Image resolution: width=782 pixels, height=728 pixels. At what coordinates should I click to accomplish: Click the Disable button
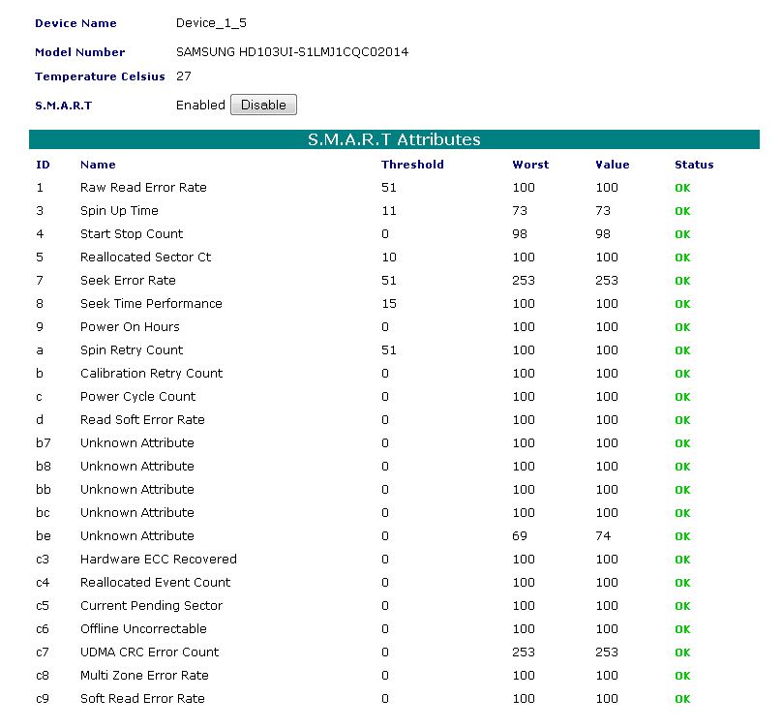(x=263, y=105)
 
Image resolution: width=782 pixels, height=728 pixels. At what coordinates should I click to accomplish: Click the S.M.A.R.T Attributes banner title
(x=394, y=139)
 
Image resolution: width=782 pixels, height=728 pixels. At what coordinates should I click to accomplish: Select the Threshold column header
(x=412, y=165)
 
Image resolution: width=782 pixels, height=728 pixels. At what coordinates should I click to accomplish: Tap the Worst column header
(x=530, y=165)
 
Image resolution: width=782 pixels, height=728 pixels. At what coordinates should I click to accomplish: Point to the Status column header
(x=694, y=165)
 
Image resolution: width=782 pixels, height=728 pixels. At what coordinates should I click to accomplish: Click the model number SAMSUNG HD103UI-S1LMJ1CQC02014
(x=292, y=52)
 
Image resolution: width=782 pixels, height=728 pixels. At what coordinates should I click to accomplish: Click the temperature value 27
(x=183, y=76)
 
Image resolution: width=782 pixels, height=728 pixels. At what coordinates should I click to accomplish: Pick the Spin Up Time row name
(x=119, y=211)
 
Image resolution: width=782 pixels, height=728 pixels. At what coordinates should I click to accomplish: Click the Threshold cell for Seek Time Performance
(x=389, y=304)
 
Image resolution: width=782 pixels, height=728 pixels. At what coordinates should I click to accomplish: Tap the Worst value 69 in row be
(x=520, y=536)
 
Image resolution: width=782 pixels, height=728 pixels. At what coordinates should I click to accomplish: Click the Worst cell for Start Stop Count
(x=520, y=234)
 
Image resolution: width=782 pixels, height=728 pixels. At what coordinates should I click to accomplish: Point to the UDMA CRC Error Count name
(x=150, y=652)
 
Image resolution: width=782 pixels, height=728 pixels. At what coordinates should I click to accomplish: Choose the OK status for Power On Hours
(x=682, y=327)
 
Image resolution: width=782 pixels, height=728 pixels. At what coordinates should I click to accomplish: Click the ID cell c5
(x=43, y=606)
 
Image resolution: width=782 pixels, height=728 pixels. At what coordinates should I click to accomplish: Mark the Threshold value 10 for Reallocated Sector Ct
(x=389, y=258)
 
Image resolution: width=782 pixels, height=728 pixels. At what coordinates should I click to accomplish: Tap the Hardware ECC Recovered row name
(x=159, y=560)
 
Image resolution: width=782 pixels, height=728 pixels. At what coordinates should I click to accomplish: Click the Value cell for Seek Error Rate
(x=607, y=281)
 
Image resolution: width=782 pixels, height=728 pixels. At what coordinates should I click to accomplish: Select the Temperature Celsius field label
(x=100, y=76)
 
